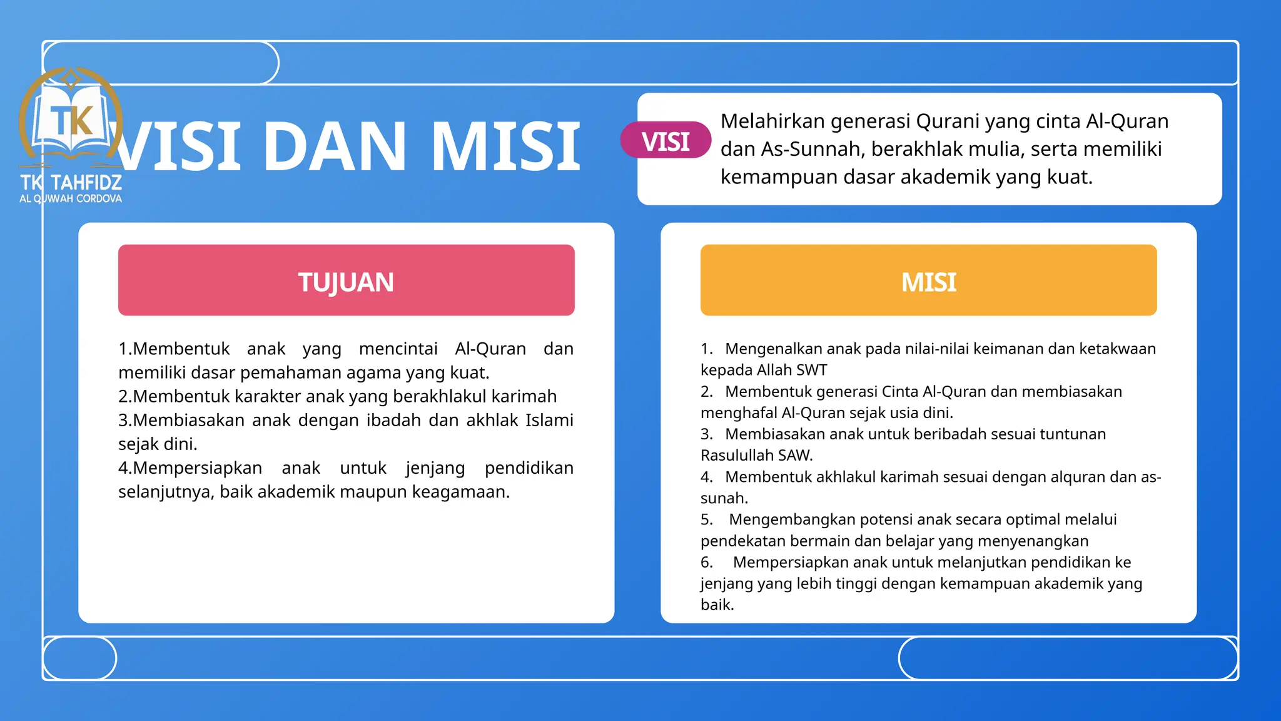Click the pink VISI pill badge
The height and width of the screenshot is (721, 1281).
pos(666,140)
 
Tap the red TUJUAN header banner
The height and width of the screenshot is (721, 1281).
pos(346,280)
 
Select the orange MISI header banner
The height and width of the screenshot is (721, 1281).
pos(928,280)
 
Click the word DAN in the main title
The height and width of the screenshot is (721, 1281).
pos(335,148)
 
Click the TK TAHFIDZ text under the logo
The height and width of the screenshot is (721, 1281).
pos(71,183)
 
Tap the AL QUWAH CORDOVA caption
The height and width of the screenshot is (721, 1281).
pos(71,199)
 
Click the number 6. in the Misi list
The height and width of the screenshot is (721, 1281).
pos(707,563)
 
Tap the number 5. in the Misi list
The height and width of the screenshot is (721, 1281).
pos(707,520)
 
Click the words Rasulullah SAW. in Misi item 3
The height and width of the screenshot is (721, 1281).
pos(757,456)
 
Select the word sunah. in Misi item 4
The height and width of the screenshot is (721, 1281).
pos(724,498)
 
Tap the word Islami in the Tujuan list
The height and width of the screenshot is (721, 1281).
pos(549,421)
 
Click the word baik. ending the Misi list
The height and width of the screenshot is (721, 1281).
pos(717,605)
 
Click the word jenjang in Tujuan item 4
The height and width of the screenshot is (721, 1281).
pos(435,469)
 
